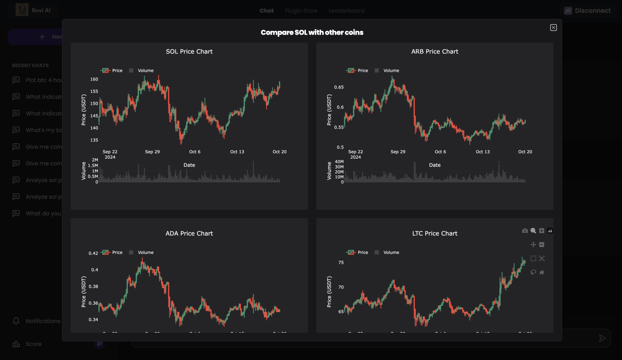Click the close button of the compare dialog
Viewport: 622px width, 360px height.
click(x=553, y=27)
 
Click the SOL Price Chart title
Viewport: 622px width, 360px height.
click(x=189, y=51)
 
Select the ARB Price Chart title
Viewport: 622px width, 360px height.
click(x=435, y=51)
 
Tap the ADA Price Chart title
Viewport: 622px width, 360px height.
click(x=189, y=233)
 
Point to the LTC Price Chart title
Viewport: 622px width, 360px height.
click(x=435, y=233)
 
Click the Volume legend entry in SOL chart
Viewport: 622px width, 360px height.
click(x=145, y=71)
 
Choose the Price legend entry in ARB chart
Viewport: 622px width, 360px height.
click(x=362, y=71)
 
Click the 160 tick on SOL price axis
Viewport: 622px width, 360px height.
click(x=94, y=79)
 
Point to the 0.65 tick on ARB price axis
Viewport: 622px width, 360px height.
click(x=339, y=87)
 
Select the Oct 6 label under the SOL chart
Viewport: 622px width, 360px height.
click(x=195, y=152)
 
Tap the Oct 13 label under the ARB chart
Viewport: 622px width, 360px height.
click(x=483, y=152)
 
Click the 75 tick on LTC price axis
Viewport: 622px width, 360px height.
click(x=341, y=263)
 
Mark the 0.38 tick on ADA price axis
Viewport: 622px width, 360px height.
click(x=93, y=286)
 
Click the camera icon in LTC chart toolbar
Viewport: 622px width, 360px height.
click(x=525, y=231)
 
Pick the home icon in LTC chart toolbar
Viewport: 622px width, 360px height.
click(x=542, y=272)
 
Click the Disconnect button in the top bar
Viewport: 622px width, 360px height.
click(x=587, y=11)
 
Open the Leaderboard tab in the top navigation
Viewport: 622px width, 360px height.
click(x=347, y=11)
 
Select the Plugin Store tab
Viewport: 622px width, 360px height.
click(x=301, y=11)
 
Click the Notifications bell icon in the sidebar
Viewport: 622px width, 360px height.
click(x=16, y=321)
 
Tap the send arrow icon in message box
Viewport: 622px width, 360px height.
click(x=602, y=338)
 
